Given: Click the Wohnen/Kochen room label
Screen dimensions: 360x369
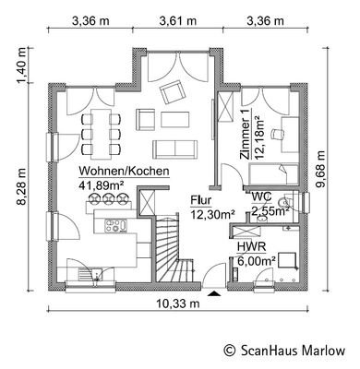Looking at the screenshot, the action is coord(124,172).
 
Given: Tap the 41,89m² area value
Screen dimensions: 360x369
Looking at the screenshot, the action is coord(102,184).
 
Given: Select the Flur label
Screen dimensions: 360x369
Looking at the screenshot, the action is coord(201,200).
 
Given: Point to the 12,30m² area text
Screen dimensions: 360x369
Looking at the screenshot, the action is coord(212,214).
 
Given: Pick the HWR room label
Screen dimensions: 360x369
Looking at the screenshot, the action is coord(251,247).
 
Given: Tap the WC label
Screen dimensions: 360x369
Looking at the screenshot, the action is coord(261,196).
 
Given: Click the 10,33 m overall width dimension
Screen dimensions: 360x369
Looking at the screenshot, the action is coord(178,304).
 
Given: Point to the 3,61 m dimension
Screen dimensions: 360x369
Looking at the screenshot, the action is coord(178,21).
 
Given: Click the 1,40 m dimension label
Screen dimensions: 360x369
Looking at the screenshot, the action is coord(22,65).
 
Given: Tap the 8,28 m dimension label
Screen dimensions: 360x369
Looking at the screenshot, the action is coord(22,186).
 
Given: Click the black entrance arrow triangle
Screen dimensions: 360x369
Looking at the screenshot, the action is coord(214,294).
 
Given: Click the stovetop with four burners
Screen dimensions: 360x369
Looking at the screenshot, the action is coord(116,225).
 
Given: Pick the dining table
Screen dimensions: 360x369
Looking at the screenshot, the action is coord(102,134).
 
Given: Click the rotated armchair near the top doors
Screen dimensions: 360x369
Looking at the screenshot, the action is coord(173,92).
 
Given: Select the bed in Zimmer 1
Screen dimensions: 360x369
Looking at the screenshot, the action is coord(273,174).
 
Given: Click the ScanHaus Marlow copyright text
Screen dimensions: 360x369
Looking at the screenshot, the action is coord(284,351).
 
